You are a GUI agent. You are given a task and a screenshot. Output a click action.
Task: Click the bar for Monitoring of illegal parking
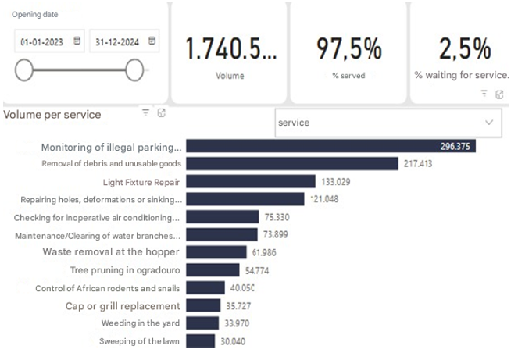[x=331, y=146]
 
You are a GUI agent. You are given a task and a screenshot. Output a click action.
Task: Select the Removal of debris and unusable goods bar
[x=292, y=163]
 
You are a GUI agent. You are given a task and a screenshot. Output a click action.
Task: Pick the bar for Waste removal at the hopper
[x=216, y=251]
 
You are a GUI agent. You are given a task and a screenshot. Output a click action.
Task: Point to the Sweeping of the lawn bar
[x=201, y=340]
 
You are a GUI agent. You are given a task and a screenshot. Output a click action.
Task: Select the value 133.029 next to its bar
[x=335, y=181]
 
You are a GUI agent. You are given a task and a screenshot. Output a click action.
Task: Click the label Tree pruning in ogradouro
[x=125, y=269]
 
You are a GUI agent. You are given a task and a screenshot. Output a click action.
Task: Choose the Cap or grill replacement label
[x=123, y=305]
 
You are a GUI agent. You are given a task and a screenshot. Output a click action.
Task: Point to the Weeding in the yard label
[x=141, y=323]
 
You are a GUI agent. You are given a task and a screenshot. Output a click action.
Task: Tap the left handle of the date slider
[x=24, y=70]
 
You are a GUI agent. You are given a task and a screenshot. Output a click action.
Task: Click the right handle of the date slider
[x=134, y=70]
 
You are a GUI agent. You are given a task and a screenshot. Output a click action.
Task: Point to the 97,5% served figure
[x=348, y=49]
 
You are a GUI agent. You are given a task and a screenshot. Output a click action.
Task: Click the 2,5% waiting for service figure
[x=465, y=49]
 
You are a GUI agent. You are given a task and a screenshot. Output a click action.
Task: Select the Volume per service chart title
[x=52, y=115]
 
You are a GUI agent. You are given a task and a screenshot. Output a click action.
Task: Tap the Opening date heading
[x=34, y=15]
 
